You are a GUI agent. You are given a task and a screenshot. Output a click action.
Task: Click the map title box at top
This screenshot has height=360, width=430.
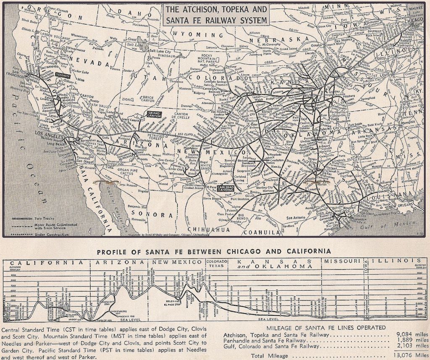point(215,15)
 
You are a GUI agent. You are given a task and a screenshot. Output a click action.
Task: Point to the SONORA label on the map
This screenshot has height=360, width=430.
point(156,215)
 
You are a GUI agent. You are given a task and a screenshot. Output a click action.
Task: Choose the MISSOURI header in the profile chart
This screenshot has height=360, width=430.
point(343,261)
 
